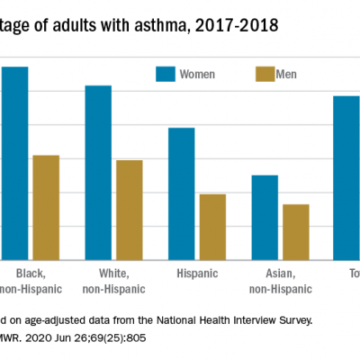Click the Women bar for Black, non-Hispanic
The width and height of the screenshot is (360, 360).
[14, 163]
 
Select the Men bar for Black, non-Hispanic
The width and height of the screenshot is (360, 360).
[46, 208]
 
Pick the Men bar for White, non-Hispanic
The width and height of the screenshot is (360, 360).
[129, 210]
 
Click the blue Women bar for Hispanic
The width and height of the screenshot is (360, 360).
[181, 193]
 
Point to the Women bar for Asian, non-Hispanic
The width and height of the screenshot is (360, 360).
[265, 217]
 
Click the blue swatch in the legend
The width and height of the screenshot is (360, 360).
[166, 73]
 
